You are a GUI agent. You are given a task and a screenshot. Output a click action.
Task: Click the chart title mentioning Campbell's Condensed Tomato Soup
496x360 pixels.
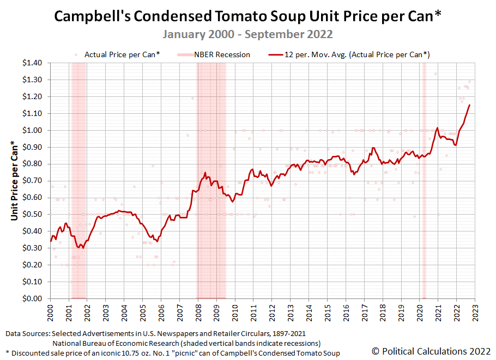tap(248, 17)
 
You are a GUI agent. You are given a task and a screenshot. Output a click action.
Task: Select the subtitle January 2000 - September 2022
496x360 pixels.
tap(248, 34)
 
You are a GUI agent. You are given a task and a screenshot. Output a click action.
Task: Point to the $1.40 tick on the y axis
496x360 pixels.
tap(31, 63)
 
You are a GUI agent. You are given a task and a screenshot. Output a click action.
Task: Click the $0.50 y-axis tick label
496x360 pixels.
tap(31, 215)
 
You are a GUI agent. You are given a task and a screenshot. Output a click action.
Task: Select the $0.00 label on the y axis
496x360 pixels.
tap(31, 298)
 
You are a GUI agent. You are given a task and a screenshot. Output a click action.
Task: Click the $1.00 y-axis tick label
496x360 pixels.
tap(31, 130)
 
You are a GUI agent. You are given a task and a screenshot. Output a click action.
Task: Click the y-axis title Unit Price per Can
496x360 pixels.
tap(14, 181)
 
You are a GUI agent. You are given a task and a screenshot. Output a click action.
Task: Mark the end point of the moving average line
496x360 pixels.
tap(469, 105)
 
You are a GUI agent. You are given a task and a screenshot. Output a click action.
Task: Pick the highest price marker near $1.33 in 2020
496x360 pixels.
tap(435, 74)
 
